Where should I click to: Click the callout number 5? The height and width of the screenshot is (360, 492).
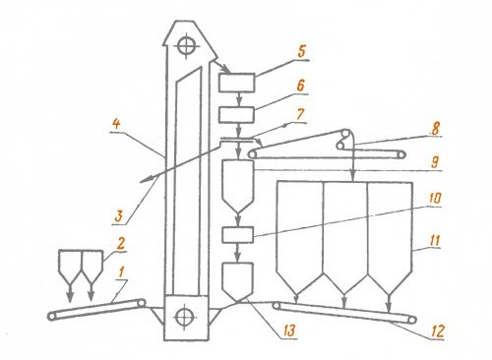point(302,52)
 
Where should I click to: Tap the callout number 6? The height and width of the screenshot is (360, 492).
point(300,86)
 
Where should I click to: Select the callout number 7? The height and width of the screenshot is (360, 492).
point(300,114)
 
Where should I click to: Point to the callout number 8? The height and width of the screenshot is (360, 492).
point(435,128)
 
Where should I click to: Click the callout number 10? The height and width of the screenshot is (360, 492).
point(435,199)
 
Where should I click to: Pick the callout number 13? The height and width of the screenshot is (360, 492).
point(289,330)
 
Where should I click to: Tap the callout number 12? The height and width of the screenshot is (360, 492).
point(437,331)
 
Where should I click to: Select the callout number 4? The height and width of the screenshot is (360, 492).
point(116,124)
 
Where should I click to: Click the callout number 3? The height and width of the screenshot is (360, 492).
point(118,216)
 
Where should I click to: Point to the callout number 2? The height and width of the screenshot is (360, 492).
point(121,244)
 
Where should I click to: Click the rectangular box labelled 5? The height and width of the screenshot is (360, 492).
point(237,83)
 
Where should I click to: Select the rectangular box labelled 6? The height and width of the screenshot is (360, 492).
point(237,115)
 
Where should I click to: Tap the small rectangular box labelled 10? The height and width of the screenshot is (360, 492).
point(237,235)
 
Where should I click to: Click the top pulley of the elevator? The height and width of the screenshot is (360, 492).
point(187,46)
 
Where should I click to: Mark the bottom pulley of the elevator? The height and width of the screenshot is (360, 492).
point(184,317)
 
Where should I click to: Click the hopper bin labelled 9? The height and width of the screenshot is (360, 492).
point(238,186)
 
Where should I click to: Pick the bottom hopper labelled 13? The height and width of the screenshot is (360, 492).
point(238,281)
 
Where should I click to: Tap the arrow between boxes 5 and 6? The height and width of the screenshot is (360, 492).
point(239,99)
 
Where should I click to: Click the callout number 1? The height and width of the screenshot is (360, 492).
point(122,272)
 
